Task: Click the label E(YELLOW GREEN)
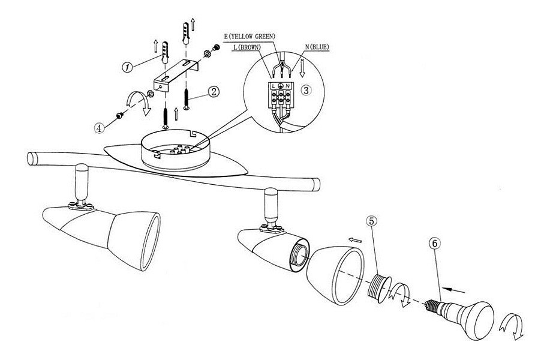click(x=249, y=36)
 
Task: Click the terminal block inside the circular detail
click(x=281, y=94)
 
